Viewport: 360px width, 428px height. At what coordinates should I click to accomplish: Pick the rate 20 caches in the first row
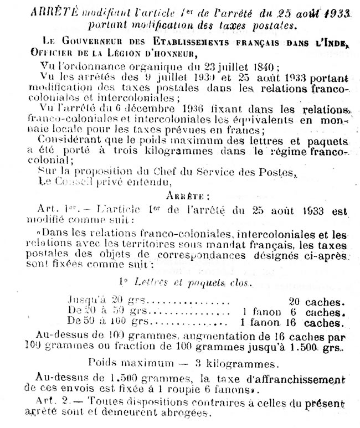pos(315,302)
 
